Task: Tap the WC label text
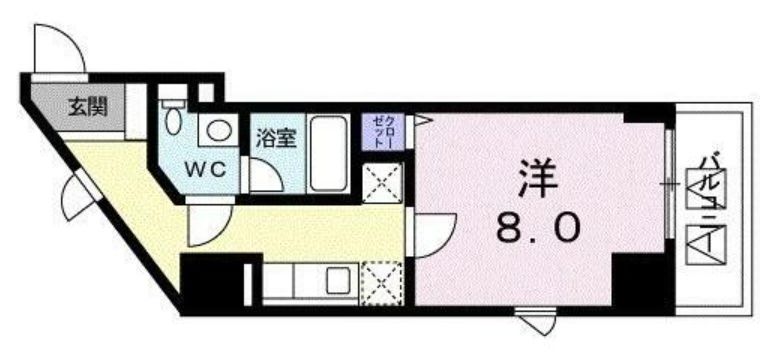(210, 168)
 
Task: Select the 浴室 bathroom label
(275, 137)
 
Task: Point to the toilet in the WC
(175, 118)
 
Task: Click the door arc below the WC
(208, 225)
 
